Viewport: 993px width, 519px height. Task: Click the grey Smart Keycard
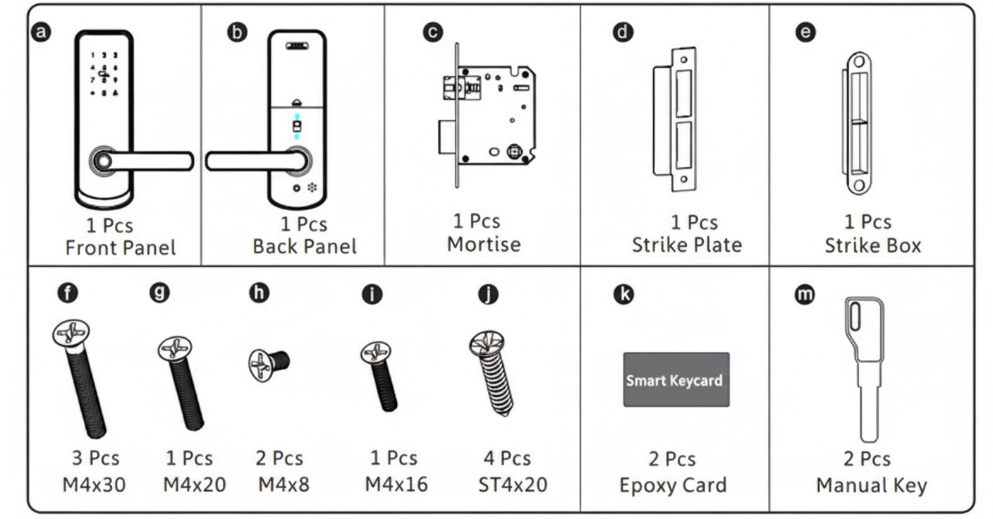coord(675,379)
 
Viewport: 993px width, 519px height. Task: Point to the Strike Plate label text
coord(686,245)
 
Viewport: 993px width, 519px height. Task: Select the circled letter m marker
coord(803,294)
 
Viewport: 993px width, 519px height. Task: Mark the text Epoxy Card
coord(672,486)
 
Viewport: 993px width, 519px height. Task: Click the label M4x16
coord(396,484)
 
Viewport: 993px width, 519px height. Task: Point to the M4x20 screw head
coord(175,350)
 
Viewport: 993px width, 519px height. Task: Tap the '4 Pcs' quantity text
coord(506,458)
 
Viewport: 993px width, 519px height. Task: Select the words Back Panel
coord(304,247)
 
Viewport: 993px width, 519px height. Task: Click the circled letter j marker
coord(487,294)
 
